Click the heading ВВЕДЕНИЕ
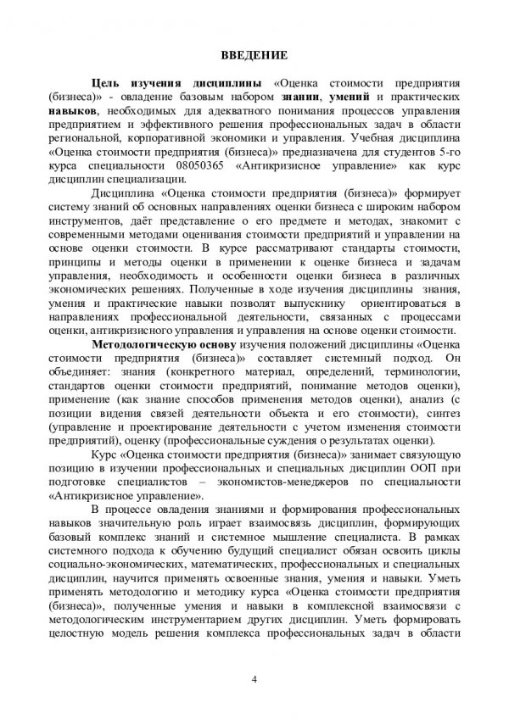(254, 56)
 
